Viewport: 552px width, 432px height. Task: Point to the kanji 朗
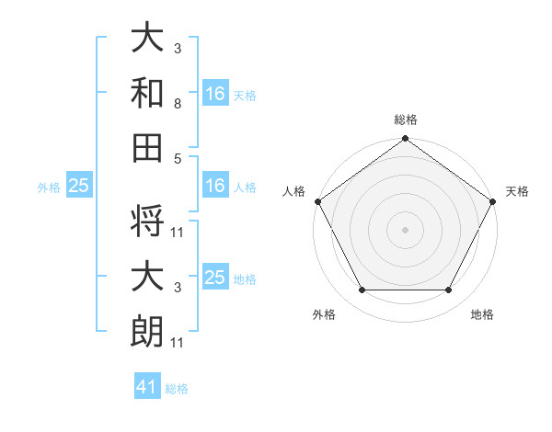(x=147, y=330)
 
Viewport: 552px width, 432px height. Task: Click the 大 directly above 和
(x=147, y=38)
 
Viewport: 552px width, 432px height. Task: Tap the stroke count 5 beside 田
(x=177, y=157)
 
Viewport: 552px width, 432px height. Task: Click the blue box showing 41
(x=147, y=387)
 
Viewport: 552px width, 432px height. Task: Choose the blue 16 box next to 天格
(x=215, y=93)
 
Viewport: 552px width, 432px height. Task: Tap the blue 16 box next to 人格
(x=215, y=186)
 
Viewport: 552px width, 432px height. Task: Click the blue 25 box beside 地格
(x=215, y=278)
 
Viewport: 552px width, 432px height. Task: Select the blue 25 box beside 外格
(x=78, y=187)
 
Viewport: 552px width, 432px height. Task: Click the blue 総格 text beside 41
(x=177, y=389)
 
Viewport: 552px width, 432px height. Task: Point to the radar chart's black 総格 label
(x=406, y=119)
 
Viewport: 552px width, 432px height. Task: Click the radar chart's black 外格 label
(x=324, y=314)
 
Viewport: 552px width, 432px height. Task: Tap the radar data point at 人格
(x=316, y=200)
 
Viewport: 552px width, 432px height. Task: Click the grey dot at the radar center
(x=406, y=229)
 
